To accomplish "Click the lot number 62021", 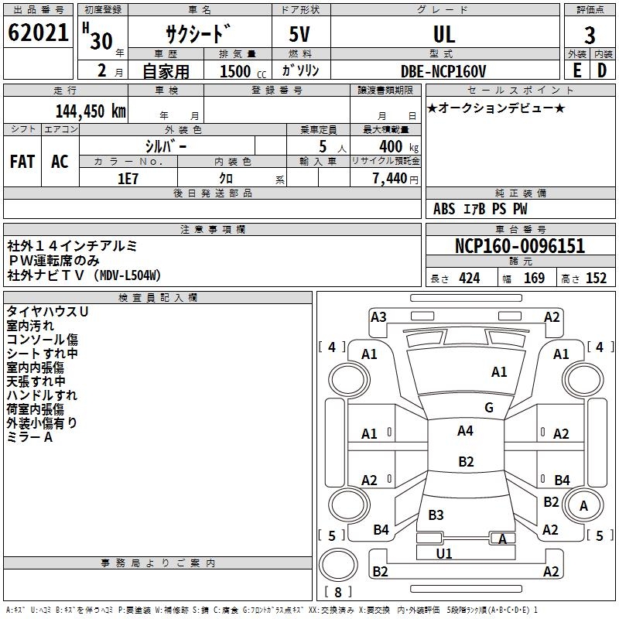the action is (38, 32).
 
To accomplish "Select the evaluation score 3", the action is (590, 36).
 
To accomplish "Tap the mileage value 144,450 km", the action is (91, 111).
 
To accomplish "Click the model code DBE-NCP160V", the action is (443, 71).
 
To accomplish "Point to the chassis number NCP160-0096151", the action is (520, 246).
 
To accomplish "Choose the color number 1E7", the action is (128, 179).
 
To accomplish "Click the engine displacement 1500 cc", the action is (243, 71).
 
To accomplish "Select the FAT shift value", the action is (22, 162).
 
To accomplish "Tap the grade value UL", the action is (444, 34).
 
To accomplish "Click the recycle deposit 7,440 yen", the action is (395, 179).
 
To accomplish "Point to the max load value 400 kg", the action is (398, 146).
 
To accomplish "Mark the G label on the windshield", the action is (489, 408).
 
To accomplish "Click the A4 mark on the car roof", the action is (465, 431).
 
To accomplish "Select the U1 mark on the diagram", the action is (443, 553).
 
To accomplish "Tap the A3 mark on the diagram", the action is (378, 317).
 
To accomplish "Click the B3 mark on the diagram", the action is (436, 515).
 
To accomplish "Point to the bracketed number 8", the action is (338, 592).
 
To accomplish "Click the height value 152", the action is (596, 279).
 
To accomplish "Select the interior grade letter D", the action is (602, 70).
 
